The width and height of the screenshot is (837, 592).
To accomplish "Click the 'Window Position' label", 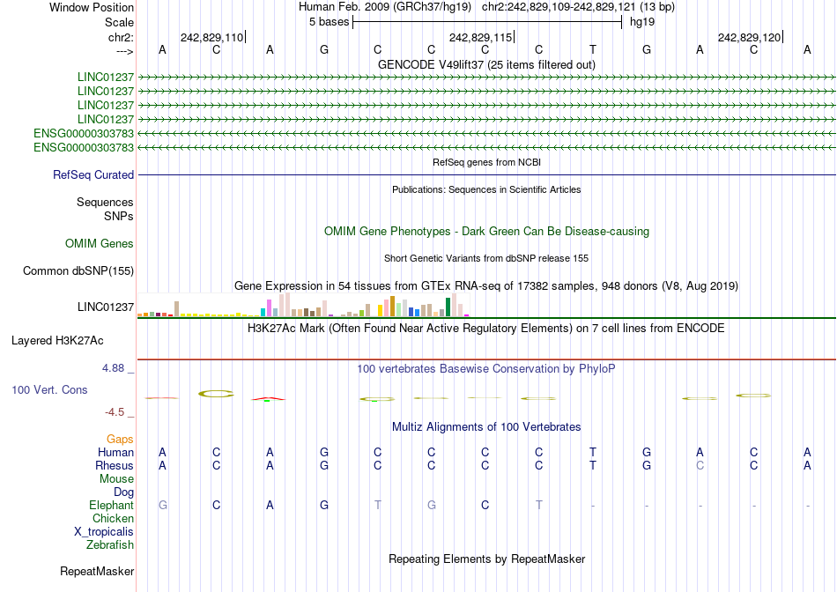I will (92, 7).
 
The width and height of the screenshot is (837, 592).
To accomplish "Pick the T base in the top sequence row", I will (593, 50).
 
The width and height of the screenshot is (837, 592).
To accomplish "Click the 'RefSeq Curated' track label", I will (93, 175).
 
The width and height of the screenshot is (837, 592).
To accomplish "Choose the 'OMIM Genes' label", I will (100, 243).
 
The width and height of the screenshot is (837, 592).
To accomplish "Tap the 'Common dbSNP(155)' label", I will (78, 271).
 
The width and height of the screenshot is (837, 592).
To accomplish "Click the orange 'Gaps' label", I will (120, 439).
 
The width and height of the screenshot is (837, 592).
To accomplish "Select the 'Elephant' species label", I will (111, 505).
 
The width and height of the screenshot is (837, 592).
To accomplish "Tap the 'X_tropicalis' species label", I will (104, 531).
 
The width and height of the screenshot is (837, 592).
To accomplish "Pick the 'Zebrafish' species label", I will (110, 544).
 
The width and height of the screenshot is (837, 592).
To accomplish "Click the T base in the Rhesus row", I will (593, 465).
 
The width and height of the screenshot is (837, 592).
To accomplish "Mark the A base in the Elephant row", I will (270, 505).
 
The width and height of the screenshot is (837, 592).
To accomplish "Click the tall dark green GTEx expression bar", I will (448, 307).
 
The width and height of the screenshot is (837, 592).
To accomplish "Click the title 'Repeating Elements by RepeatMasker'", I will (486, 559).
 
